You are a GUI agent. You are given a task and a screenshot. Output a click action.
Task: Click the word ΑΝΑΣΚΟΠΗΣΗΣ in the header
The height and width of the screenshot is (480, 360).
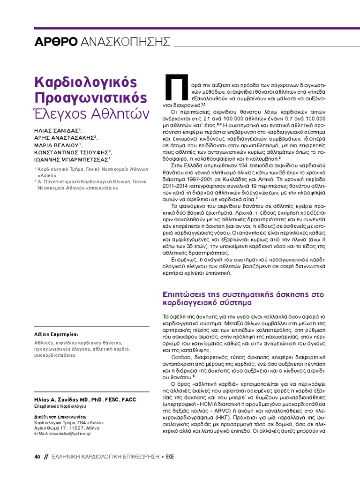click(x=125, y=41)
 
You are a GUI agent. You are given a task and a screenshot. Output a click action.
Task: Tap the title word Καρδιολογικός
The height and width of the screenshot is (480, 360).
click(x=86, y=82)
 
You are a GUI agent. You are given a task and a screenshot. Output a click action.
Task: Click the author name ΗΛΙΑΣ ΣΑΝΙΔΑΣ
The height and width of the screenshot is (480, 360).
click(x=57, y=130)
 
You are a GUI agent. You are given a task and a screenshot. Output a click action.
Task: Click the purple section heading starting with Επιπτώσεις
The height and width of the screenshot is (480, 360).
click(x=243, y=299)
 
